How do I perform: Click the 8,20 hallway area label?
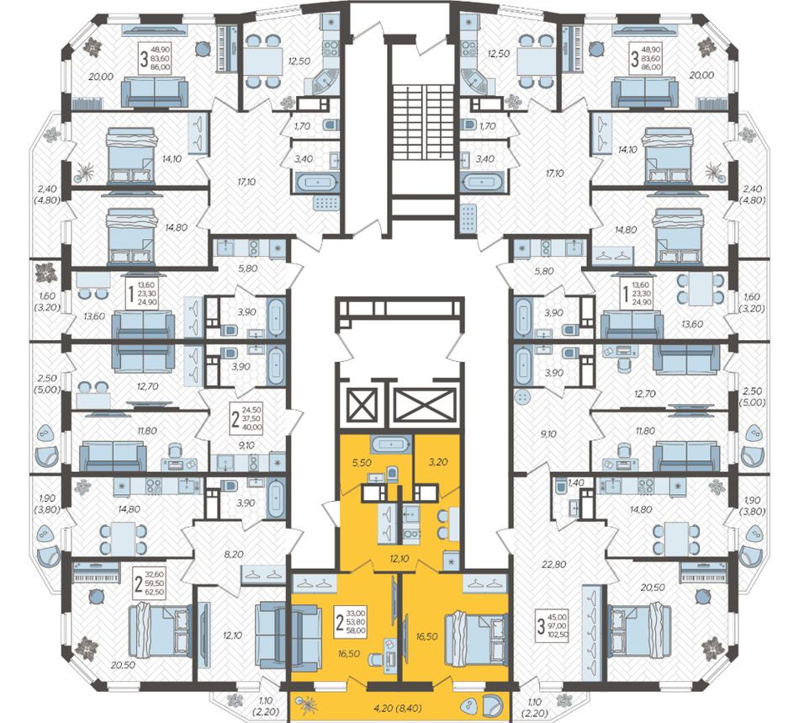click(234, 554)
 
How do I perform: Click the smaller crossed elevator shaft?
click(361, 406)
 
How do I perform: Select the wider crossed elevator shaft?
click(426, 406)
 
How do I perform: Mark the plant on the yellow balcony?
click(307, 706)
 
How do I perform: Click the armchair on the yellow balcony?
click(493, 706)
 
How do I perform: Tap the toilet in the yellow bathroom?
click(392, 473)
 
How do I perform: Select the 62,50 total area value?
click(156, 592)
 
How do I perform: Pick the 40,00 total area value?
click(253, 427)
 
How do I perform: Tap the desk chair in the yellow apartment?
click(374, 659)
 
